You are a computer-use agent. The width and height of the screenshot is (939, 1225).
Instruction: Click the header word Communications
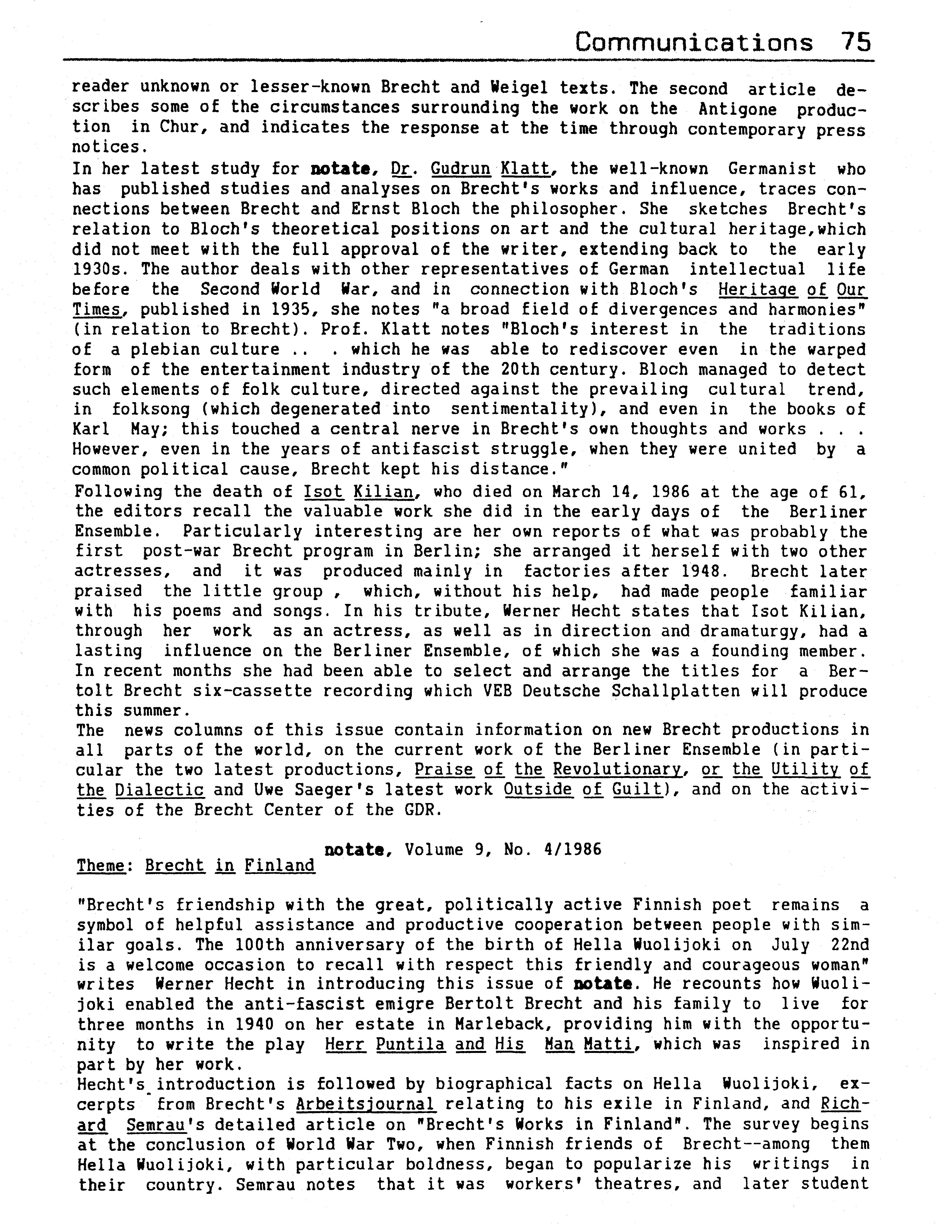[x=694, y=43]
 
